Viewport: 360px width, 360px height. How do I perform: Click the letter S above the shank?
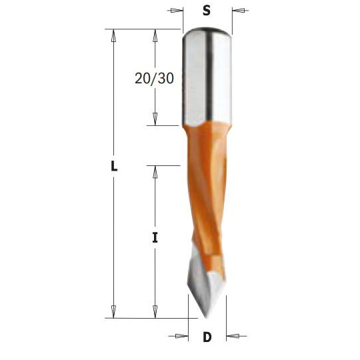coord(207,11)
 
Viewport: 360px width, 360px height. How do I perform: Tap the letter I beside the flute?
coord(155,236)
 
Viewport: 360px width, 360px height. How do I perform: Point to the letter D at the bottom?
coord(207,337)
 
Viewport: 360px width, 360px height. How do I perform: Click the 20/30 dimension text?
coord(154,78)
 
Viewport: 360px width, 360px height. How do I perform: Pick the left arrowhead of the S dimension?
coord(177,11)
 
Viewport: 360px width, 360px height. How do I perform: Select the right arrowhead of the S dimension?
coord(238,11)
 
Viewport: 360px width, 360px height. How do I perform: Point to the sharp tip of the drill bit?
coord(207,316)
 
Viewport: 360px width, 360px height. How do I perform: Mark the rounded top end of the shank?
coord(207,30)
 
